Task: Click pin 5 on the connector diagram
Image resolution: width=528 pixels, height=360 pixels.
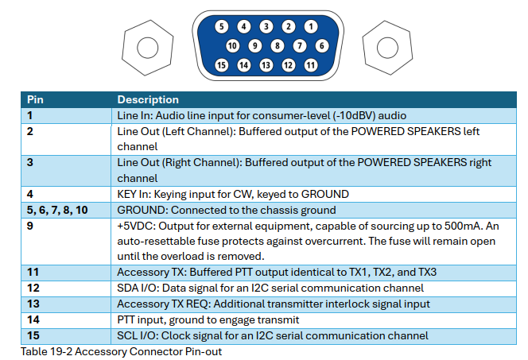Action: coord(221,27)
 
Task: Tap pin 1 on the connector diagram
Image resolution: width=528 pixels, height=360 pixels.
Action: coord(311,27)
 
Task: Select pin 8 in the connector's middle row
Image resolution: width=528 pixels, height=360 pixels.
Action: coord(278,46)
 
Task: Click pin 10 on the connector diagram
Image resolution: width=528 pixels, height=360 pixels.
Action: coord(232,46)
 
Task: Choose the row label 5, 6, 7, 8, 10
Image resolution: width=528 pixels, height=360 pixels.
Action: coord(58,211)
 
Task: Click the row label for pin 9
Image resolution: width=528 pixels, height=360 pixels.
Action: coord(30,226)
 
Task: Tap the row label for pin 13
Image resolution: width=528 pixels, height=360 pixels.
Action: coord(33,304)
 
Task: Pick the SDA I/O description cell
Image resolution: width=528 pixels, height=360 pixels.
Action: coord(270,288)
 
